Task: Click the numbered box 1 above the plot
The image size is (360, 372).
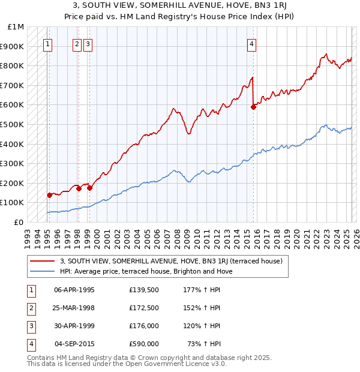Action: [x=47, y=43]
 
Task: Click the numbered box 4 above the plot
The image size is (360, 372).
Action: [x=253, y=43]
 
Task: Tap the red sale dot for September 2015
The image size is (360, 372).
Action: [x=253, y=107]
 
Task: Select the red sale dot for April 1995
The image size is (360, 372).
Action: [x=49, y=195]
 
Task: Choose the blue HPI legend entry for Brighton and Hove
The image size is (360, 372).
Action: [x=146, y=271]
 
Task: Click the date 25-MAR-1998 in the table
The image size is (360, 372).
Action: [x=74, y=308]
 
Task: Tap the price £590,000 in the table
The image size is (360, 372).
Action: [x=144, y=344]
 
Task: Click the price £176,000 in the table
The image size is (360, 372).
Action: [x=144, y=326]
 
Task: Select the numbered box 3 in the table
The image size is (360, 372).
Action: [x=31, y=326]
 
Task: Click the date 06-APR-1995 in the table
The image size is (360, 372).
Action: [x=74, y=290]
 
